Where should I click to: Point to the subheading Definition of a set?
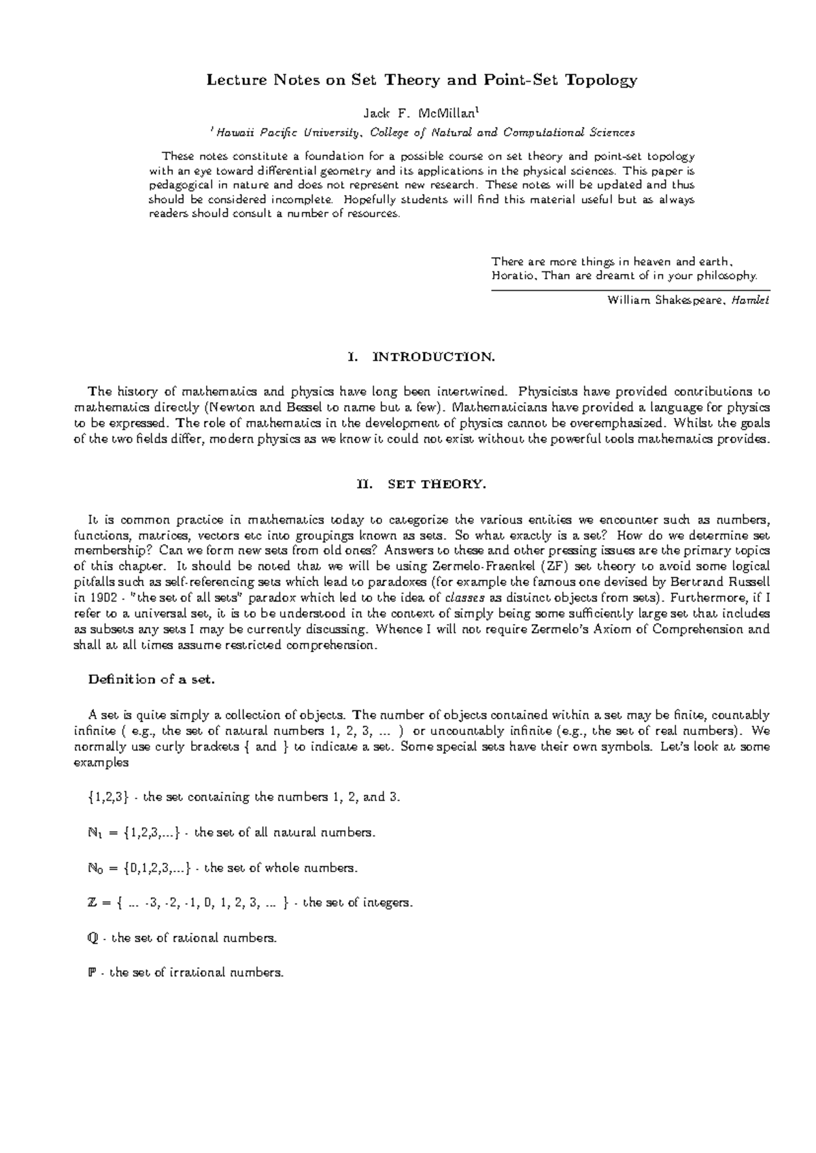click(x=152, y=679)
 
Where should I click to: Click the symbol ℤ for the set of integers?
click(x=93, y=904)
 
